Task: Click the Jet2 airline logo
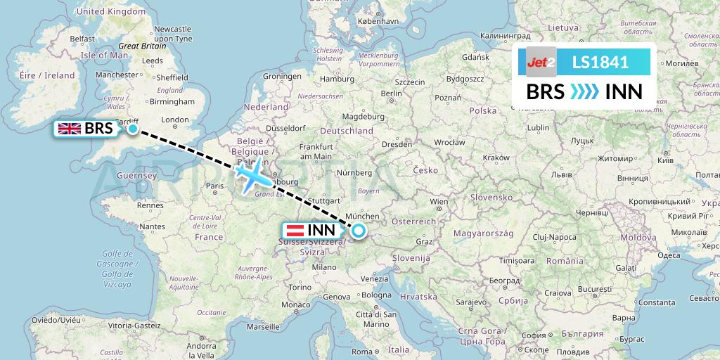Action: coord(541,62)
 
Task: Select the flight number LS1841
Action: coord(600,62)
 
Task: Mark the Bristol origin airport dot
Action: coord(132,129)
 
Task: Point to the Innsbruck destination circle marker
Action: coord(359,230)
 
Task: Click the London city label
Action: coord(175,120)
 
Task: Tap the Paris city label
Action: coord(214,186)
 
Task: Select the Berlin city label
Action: coord(391,94)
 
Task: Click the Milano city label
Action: coord(325,267)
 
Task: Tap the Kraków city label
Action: coord(496,157)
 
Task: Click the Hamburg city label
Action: coord(336,79)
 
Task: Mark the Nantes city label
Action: coord(152,226)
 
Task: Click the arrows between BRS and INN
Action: coord(584,91)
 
